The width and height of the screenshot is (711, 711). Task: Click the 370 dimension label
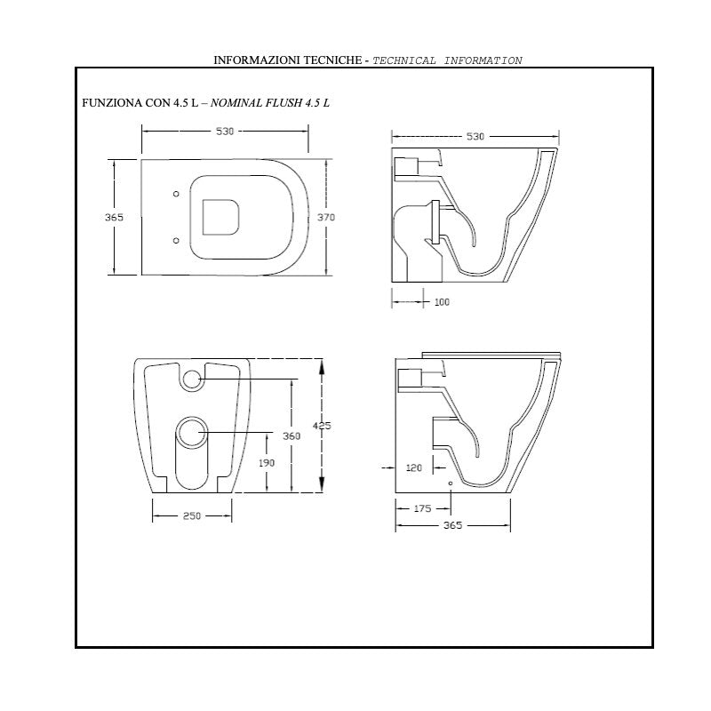point(326,217)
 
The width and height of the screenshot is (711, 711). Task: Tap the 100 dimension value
point(442,302)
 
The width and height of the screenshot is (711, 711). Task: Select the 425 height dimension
point(322,426)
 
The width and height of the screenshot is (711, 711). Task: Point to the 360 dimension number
point(292,435)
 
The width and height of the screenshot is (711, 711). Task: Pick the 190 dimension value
point(267,463)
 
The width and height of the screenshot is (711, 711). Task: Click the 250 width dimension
point(192,515)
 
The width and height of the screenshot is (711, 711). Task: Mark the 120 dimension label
point(414,468)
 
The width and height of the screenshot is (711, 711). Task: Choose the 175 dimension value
point(423,508)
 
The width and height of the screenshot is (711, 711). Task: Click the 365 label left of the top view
point(114,217)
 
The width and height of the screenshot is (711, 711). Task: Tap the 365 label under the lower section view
point(452,525)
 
